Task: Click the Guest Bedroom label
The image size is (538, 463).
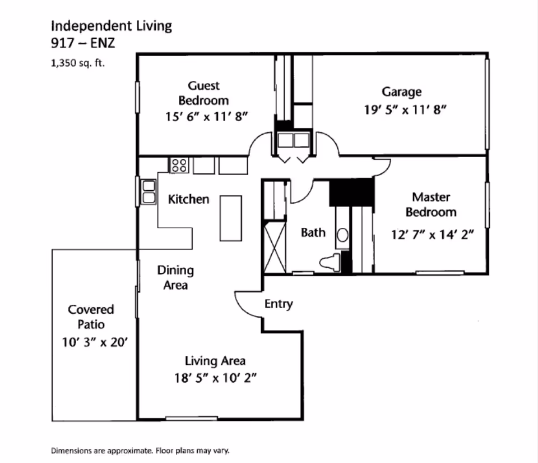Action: (203, 93)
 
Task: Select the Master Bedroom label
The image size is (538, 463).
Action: (431, 204)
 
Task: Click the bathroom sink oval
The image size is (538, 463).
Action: (342, 235)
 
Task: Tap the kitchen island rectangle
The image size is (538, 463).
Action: (230, 218)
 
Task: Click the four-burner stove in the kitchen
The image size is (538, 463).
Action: (179, 165)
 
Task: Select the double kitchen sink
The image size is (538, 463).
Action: (149, 191)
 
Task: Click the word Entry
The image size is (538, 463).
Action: (279, 304)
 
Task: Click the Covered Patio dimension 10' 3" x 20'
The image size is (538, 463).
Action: (91, 342)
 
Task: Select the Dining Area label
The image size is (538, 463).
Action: (175, 277)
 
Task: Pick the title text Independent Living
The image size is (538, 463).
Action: (112, 25)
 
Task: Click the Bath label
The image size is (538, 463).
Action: (313, 232)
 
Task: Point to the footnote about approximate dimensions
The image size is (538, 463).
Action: (140, 451)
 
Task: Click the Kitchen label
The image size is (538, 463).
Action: (189, 199)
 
